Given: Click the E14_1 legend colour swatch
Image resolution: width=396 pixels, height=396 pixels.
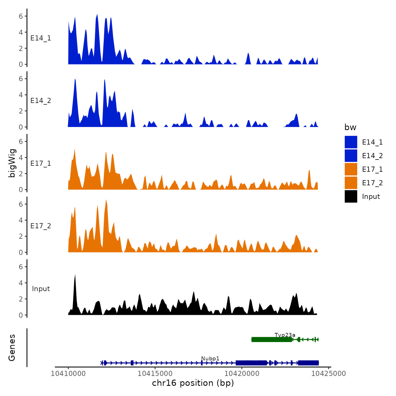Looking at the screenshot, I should [x=351, y=142].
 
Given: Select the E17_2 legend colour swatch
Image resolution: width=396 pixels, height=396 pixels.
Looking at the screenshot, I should [x=351, y=183].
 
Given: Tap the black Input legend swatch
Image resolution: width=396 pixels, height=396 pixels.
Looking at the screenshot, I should [x=351, y=196].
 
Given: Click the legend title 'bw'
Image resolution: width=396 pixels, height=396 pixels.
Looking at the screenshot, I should [x=350, y=127].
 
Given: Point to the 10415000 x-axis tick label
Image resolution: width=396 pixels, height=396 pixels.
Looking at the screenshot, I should [x=155, y=374].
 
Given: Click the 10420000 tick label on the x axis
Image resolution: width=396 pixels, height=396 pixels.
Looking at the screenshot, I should [x=242, y=374].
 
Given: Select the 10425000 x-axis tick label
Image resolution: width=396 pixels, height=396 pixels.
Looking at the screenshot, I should [x=329, y=374].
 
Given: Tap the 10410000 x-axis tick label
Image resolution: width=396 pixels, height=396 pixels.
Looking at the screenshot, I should [x=68, y=374].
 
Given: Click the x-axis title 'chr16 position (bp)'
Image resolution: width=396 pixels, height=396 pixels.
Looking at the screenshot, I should [x=193, y=383].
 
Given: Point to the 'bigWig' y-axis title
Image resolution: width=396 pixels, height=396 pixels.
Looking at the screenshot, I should [x=12, y=163].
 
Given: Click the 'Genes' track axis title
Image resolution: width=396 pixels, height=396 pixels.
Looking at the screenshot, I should [x=12, y=348].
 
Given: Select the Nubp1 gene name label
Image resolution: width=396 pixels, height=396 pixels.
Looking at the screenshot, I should [x=210, y=359].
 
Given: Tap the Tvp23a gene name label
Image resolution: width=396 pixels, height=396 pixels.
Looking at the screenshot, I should [x=285, y=335].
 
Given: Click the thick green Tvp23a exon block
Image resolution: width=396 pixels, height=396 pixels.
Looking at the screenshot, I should [x=272, y=339].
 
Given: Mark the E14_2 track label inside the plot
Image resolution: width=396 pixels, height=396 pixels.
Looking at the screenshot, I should [x=41, y=101].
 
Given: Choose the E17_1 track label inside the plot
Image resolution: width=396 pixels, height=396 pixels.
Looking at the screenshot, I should [x=41, y=163].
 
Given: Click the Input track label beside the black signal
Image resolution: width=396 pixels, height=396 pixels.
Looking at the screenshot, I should [x=41, y=289].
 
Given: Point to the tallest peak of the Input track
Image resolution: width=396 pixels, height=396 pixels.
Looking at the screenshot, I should [x=75, y=275].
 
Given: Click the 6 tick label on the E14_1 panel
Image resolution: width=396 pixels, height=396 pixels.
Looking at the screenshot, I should [x=21, y=16].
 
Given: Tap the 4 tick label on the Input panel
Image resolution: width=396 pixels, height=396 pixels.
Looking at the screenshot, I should [x=21, y=283].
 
